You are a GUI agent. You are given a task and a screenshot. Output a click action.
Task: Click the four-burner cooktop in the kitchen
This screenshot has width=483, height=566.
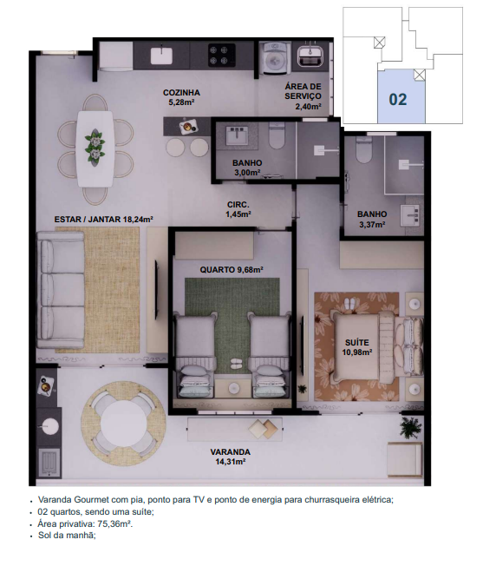(x=222, y=55)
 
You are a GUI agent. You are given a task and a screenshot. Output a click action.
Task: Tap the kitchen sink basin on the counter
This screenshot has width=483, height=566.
(x=161, y=56)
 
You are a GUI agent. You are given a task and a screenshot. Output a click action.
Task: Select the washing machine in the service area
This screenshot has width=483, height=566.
(x=275, y=57)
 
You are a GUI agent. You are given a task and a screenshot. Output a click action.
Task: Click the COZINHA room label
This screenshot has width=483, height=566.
(x=181, y=93)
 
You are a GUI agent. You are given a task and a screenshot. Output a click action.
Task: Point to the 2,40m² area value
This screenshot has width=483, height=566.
(x=308, y=107)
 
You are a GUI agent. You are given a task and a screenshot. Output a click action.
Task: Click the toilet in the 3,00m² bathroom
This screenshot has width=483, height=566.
(x=277, y=135)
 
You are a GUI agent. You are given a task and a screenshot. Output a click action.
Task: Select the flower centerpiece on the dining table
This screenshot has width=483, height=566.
(x=95, y=148)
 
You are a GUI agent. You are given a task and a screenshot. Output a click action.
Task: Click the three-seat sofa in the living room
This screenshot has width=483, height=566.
(x=61, y=290)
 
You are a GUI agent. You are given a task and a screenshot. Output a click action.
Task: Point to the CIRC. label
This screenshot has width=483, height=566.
(x=238, y=205)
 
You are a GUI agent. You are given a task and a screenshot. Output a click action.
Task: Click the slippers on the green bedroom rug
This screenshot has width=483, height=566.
(x=236, y=363)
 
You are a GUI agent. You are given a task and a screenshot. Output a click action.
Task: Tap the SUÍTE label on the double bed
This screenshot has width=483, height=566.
(x=357, y=343)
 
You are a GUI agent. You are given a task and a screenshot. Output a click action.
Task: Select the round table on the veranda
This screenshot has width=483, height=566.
(x=123, y=424)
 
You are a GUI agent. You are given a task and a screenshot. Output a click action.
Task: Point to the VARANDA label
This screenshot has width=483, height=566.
(x=231, y=452)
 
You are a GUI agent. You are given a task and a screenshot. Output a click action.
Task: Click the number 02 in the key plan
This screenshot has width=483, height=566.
(x=398, y=100)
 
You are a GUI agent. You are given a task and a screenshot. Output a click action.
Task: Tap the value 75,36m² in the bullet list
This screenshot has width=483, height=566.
(x=114, y=523)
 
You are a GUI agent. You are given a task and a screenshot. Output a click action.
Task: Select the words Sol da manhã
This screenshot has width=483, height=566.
(x=67, y=536)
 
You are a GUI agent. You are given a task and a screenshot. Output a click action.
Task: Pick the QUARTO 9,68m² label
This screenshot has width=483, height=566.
(x=232, y=270)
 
